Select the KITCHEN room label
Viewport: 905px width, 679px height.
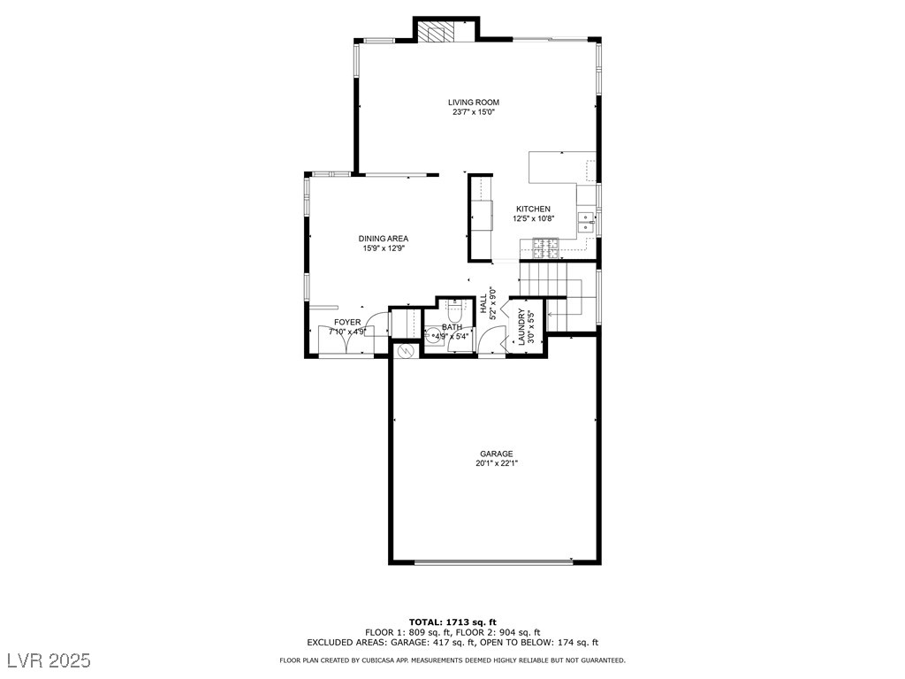point(533,210)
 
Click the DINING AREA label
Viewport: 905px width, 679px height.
point(384,239)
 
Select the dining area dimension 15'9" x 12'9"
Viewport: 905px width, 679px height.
point(384,248)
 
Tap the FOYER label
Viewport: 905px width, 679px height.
point(346,323)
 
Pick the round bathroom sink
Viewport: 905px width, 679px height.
point(434,335)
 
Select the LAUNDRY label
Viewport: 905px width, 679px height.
point(521,326)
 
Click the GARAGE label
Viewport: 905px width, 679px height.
point(496,454)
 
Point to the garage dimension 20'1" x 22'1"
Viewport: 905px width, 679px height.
point(496,463)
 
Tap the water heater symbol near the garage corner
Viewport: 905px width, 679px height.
point(407,351)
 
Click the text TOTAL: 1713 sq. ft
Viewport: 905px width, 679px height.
point(452,622)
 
